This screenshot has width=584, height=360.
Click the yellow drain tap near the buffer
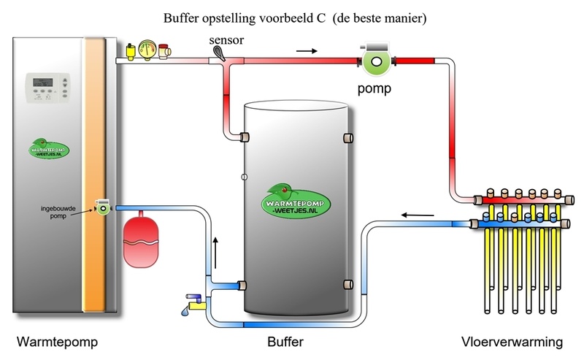(193, 302)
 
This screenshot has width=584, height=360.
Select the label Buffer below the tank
(286, 342)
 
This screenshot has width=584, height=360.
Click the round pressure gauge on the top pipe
(148, 52)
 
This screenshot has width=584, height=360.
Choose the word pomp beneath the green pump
(374, 91)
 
